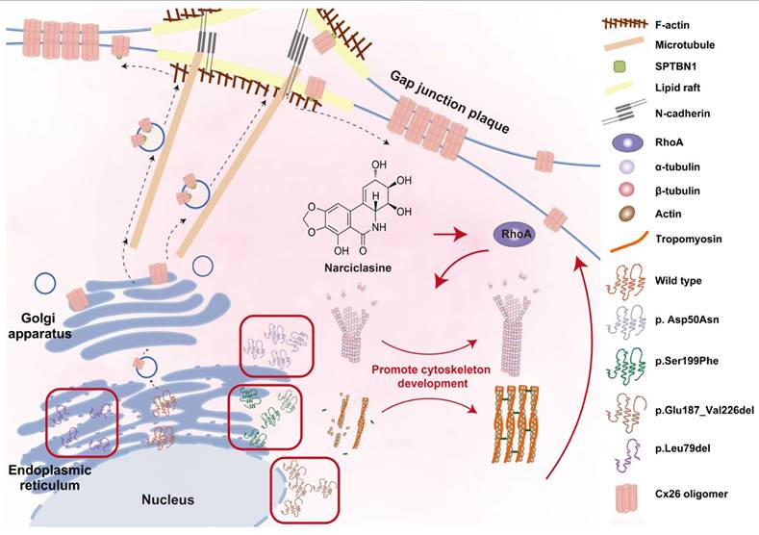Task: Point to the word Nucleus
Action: (x=169, y=499)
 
